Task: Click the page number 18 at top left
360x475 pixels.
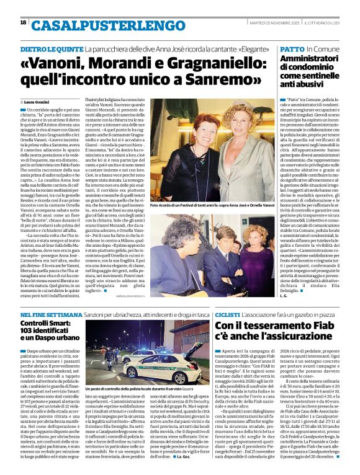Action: [23, 22]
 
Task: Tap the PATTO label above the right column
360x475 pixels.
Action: [292, 48]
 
